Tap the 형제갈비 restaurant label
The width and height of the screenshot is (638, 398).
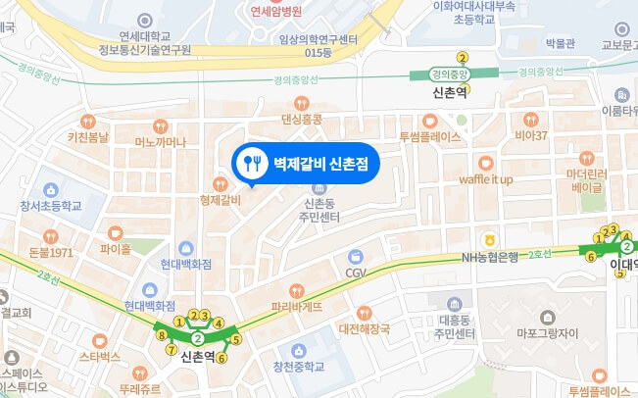coord(220,200)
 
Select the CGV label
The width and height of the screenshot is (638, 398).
coord(355,271)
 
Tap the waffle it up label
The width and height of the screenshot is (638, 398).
coord(485,179)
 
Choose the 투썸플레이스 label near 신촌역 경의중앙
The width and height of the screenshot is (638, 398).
coord(429,136)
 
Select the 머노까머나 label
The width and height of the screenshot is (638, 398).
coord(159,142)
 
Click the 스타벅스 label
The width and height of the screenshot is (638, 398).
coord(100,356)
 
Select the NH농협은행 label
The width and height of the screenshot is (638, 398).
coord(490,257)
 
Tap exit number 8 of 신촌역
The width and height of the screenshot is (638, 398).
coord(161,335)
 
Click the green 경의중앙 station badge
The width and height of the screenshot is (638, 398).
coord(450,73)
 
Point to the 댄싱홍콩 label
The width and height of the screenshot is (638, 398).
coord(301,119)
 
